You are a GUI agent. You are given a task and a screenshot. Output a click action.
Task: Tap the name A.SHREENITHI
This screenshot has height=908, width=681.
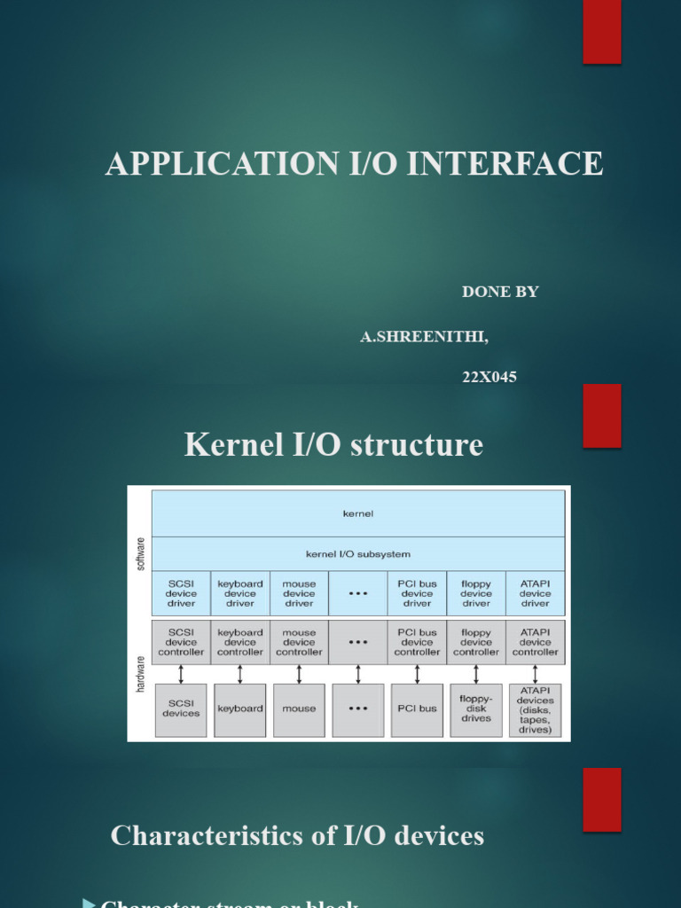tap(424, 337)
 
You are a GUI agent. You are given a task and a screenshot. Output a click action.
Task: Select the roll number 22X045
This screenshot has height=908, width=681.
tap(489, 377)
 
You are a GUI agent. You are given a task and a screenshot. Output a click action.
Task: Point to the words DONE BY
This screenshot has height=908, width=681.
tap(500, 292)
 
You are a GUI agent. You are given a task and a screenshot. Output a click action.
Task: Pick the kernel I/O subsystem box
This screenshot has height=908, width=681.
tap(358, 554)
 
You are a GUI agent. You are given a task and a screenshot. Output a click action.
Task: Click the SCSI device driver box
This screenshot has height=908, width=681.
tap(181, 593)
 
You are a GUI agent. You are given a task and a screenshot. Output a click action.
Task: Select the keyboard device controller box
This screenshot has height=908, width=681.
tap(240, 642)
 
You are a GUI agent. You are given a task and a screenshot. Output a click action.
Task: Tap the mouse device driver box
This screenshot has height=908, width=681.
tap(299, 593)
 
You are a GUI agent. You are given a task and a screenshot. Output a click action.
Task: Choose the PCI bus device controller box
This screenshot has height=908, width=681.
tap(417, 642)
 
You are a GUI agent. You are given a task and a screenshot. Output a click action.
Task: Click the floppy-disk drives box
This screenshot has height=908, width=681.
tap(476, 708)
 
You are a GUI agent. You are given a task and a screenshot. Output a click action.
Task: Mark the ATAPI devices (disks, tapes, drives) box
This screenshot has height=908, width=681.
tap(535, 709)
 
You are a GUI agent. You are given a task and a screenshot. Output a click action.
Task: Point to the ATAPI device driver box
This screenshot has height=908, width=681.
tap(535, 593)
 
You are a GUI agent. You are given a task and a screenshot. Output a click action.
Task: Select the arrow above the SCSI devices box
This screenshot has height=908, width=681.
tap(181, 674)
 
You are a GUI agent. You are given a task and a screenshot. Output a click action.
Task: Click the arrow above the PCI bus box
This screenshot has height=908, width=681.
tap(417, 674)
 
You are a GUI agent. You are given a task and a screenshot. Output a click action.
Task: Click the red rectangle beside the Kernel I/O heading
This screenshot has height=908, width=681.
tap(602, 416)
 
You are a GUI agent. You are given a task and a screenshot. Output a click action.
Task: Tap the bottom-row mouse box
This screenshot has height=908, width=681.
tap(299, 708)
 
